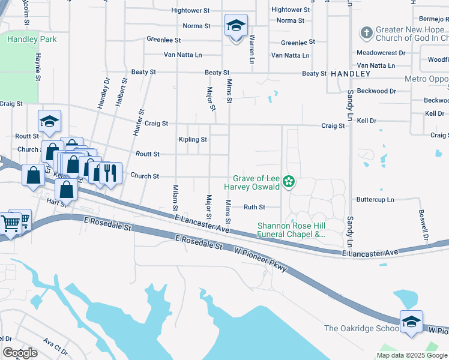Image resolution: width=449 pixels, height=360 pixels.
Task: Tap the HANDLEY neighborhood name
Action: [350, 73]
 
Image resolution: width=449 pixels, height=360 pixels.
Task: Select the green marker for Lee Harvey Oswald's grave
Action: [289, 181]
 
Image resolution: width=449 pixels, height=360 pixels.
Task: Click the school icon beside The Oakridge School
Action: [411, 322]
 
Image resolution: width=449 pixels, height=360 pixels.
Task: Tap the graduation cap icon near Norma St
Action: [236, 26]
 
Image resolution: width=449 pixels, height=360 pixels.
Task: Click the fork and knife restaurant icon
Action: [109, 173]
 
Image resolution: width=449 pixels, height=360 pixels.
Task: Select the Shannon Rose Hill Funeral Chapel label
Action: [291, 230]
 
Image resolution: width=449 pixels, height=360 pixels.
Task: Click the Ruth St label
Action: [254, 207]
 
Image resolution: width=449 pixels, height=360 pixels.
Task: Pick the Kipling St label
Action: [193, 139]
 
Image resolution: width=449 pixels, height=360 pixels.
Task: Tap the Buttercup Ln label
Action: [375, 199]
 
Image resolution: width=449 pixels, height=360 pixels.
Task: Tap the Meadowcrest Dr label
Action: [381, 53]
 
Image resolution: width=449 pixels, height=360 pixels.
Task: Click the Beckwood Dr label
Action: [376, 91]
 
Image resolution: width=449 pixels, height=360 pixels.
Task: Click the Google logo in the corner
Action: [20, 353]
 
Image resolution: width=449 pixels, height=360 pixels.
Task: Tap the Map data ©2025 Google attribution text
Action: [411, 355]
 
